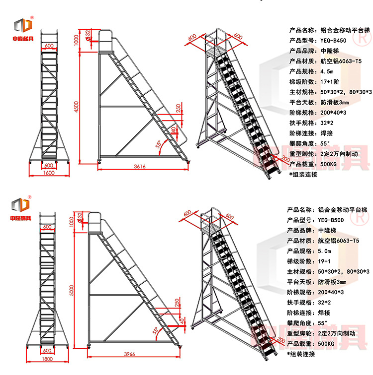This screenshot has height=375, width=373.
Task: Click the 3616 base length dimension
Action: point(140,167)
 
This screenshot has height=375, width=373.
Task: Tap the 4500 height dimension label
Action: point(77,108)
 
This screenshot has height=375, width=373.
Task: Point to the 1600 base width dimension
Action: point(48,173)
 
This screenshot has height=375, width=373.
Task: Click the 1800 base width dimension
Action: point(48,359)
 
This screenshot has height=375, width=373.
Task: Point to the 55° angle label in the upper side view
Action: point(158,144)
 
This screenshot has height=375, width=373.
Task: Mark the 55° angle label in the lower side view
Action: point(156,330)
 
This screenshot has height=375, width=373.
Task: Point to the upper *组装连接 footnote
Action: point(303,175)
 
